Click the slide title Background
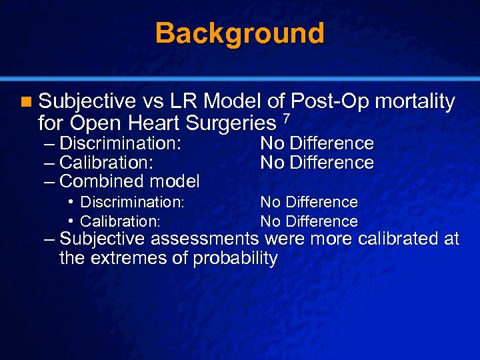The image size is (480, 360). [240, 33]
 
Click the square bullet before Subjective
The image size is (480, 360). [25, 102]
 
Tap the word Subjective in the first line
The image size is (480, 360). [87, 102]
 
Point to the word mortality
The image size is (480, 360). [415, 102]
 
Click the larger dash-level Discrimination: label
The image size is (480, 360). [121, 143]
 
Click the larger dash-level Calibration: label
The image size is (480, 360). [107, 162]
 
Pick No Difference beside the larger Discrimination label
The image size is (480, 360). [317, 143]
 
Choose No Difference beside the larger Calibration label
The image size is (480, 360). [317, 162]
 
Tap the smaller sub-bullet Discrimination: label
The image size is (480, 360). [131, 202]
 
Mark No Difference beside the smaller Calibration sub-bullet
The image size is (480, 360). [309, 221]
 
